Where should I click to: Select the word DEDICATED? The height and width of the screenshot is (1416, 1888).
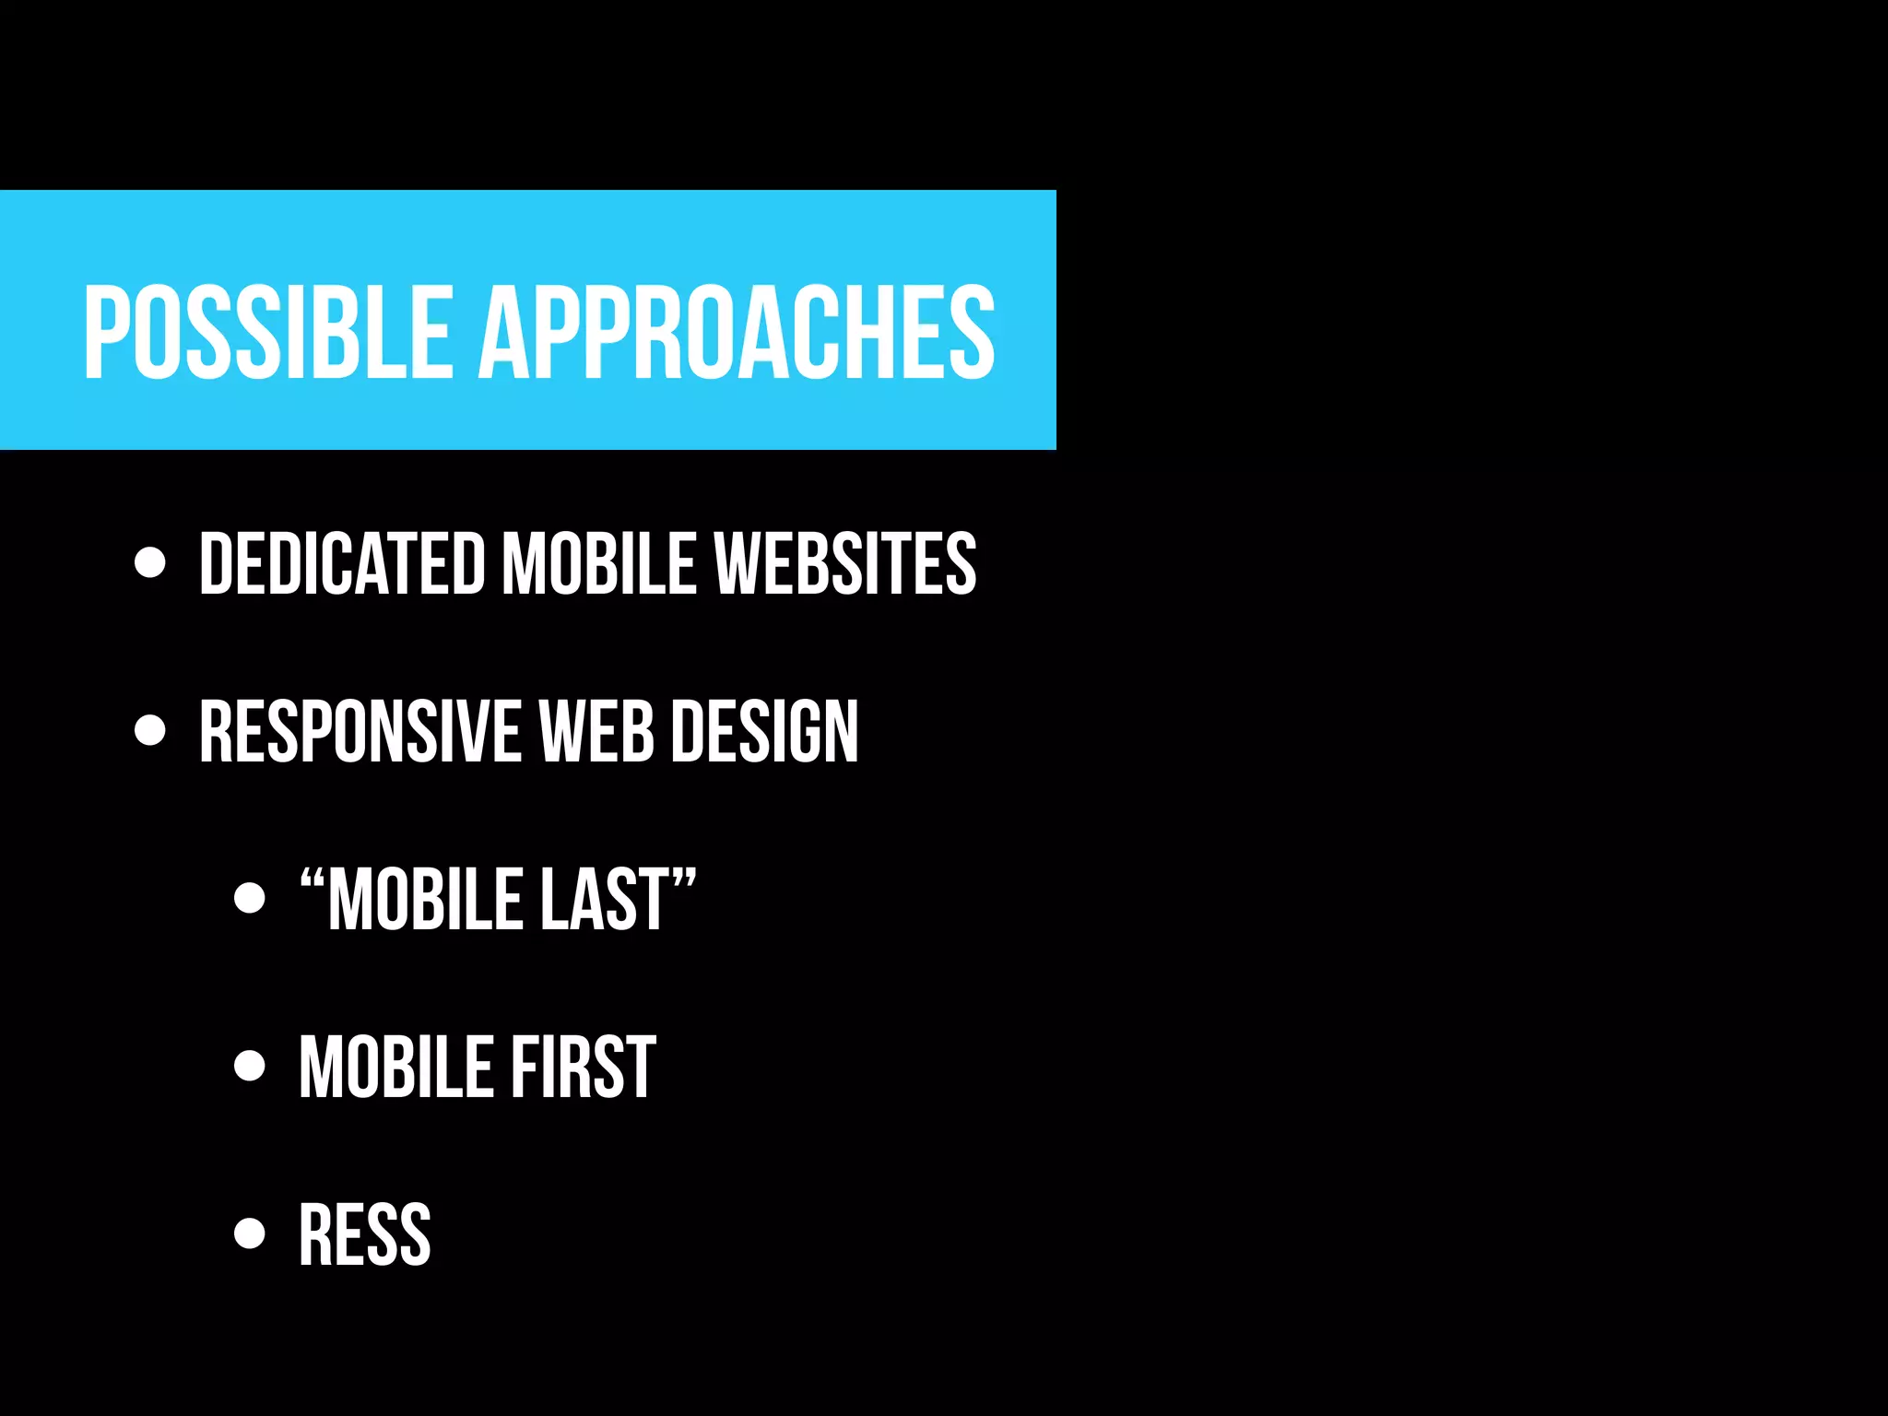(x=342, y=563)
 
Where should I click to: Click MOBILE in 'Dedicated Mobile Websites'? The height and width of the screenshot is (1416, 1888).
(x=599, y=563)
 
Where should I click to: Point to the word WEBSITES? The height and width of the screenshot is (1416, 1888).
(x=845, y=563)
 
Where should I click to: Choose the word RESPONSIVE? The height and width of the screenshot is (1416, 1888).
(x=360, y=732)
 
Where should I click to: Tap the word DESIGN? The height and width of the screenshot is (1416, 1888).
(x=764, y=732)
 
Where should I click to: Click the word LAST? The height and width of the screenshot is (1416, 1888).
(x=603, y=901)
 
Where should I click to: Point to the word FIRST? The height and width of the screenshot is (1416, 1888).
(x=583, y=1068)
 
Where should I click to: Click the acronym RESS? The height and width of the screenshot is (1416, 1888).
(x=365, y=1235)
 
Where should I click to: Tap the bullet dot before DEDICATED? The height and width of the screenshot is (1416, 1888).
(x=149, y=562)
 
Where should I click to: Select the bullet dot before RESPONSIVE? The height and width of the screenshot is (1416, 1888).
(x=149, y=731)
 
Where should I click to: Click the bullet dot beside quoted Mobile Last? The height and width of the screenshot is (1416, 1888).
(x=249, y=898)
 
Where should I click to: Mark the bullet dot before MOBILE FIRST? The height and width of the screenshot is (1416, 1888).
(x=249, y=1066)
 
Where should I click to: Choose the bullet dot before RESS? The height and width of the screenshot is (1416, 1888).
(x=249, y=1233)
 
